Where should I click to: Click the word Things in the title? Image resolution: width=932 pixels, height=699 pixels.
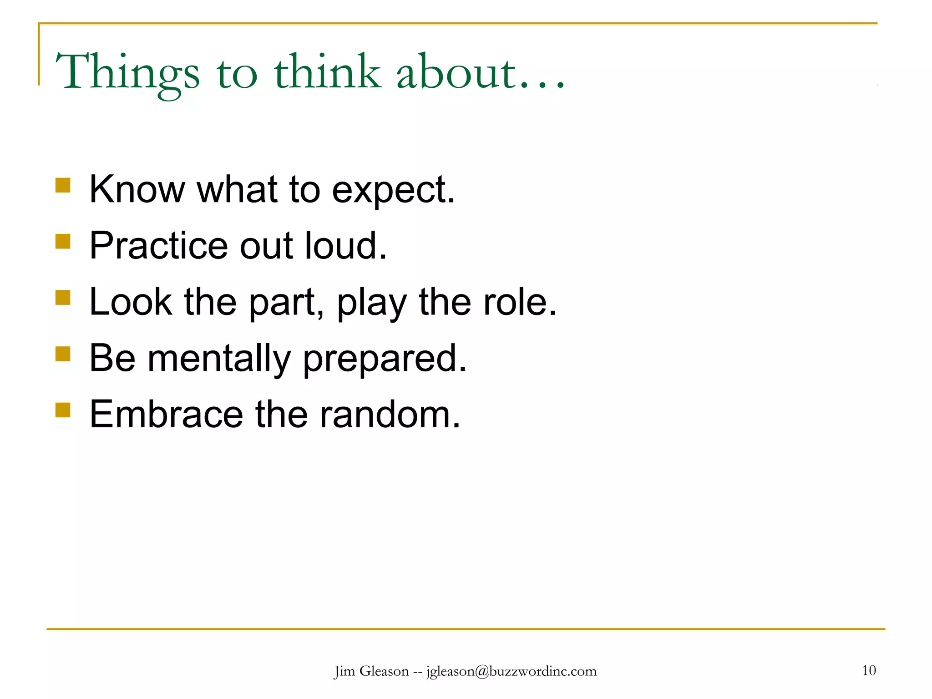pyautogui.click(x=127, y=73)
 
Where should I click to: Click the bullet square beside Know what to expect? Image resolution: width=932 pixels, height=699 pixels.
pyautogui.click(x=63, y=185)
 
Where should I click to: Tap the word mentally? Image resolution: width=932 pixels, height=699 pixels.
pyautogui.click(x=219, y=359)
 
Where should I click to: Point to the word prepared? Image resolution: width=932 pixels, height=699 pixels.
pyautogui.click(x=385, y=360)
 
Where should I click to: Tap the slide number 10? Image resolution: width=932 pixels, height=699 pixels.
pyautogui.click(x=869, y=670)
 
